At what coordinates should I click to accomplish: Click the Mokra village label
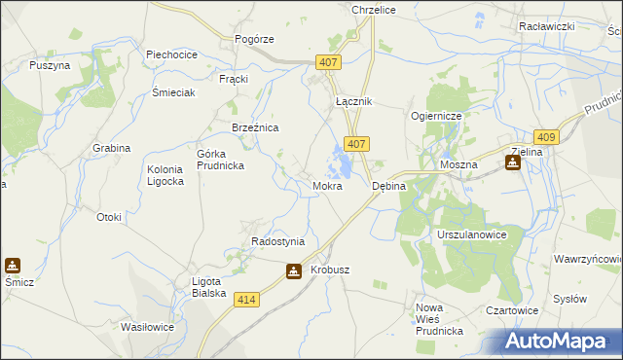[x=327, y=185]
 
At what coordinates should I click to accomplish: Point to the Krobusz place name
[x=330, y=270]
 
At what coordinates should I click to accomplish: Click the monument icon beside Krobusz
[x=294, y=275]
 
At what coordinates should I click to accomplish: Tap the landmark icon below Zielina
[x=512, y=162]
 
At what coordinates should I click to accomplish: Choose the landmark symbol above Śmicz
[x=13, y=265]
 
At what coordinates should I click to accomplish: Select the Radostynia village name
[x=278, y=241]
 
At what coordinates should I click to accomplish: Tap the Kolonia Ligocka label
[x=164, y=176]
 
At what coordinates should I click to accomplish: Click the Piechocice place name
[x=171, y=55]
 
